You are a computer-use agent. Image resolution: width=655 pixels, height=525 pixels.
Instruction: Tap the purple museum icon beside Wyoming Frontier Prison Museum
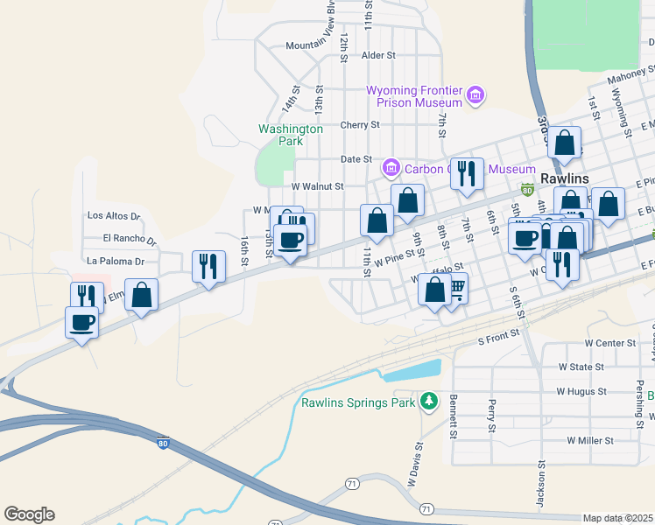[x=475, y=94]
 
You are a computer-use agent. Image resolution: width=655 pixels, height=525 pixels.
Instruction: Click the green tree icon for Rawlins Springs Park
[x=428, y=402]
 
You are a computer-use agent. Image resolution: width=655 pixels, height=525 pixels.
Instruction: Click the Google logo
[x=29, y=514]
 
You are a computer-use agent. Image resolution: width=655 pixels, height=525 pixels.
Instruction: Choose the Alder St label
[x=378, y=55]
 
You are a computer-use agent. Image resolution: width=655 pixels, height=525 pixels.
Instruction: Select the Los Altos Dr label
[x=114, y=215]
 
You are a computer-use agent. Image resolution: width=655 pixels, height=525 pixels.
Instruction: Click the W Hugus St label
[x=581, y=392]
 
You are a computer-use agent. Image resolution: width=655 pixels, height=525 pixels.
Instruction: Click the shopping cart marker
[x=454, y=288]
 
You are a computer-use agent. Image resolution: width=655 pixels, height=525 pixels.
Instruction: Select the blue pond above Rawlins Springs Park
[x=411, y=372]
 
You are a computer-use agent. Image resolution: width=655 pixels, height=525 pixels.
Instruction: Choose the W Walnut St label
[x=317, y=186]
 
